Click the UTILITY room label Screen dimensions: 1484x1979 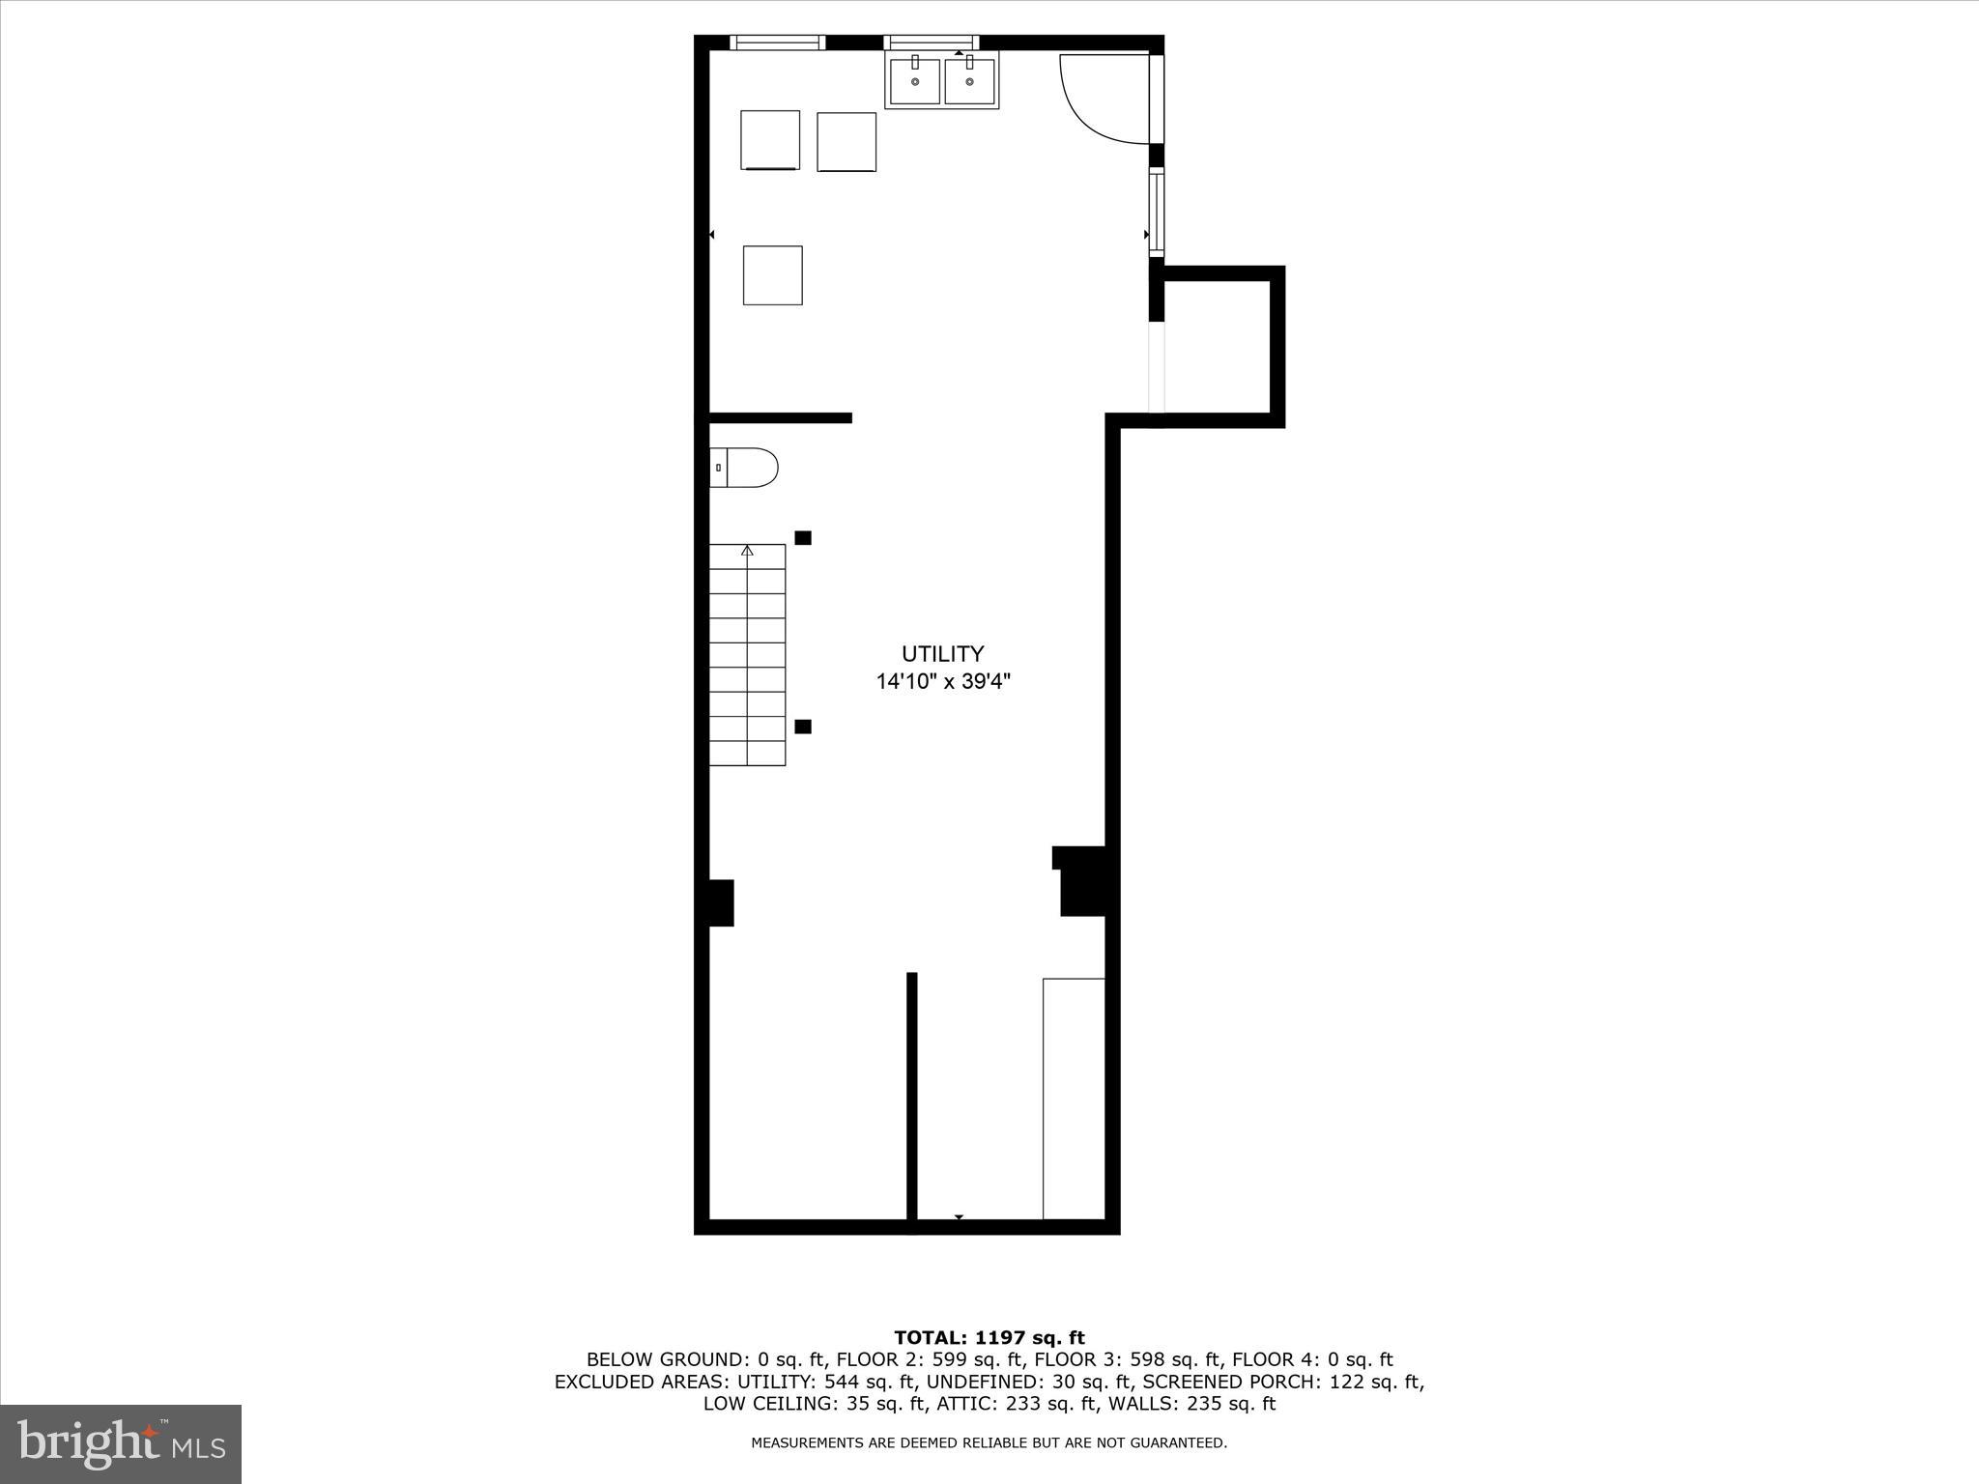(x=942, y=654)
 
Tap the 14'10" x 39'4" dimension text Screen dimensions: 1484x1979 (x=943, y=682)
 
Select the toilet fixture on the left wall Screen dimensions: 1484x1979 (x=744, y=468)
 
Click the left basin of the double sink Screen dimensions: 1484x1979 (x=914, y=81)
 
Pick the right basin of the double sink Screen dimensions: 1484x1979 (x=969, y=81)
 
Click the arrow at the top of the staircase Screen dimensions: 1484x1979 (x=747, y=551)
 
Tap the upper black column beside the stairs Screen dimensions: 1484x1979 (x=803, y=538)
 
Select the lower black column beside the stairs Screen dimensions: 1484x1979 (x=803, y=727)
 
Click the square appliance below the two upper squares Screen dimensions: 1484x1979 (x=772, y=275)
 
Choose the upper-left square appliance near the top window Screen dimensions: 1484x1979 (x=770, y=140)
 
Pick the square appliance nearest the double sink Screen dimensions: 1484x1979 (x=846, y=142)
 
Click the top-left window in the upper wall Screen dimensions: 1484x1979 (x=777, y=43)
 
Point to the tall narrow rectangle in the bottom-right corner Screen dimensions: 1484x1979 (x=1074, y=1099)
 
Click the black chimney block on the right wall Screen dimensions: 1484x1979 (x=1083, y=881)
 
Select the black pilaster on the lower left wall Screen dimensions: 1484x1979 (x=721, y=902)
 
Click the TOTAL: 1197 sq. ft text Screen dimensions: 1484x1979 (x=989, y=1337)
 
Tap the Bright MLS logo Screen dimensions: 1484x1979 (x=121, y=1443)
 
